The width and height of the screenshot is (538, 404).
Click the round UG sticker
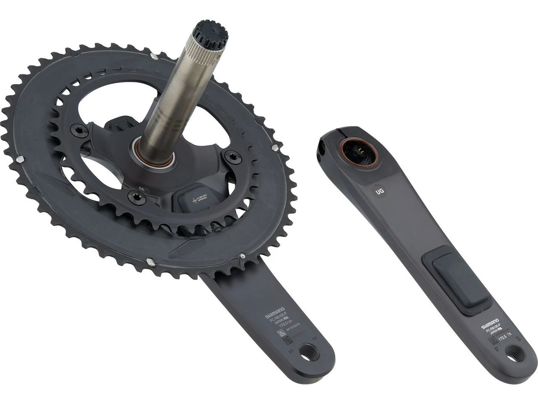coord(380,191)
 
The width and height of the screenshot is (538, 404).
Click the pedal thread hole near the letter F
coord(515,353)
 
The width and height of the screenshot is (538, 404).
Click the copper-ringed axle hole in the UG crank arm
coord(359,152)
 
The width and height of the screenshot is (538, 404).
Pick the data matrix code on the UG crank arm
coord(495,339)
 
